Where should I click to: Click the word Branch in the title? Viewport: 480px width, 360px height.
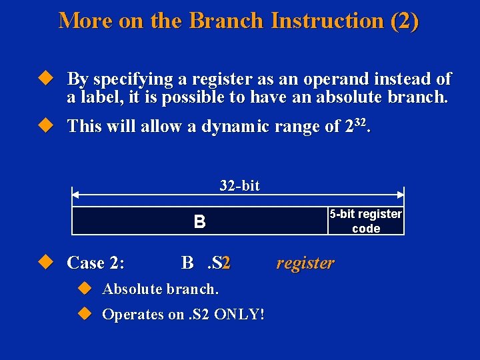click(x=227, y=21)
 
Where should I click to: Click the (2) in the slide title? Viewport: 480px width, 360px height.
click(x=405, y=21)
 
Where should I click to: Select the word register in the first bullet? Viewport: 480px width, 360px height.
click(x=217, y=79)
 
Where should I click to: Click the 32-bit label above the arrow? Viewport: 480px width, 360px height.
click(x=239, y=185)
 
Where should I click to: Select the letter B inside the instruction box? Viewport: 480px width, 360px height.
click(x=199, y=221)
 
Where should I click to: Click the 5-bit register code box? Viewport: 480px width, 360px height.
click(x=365, y=221)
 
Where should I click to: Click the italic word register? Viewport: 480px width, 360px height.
click(x=305, y=263)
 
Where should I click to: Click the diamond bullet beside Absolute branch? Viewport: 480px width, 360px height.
click(x=83, y=289)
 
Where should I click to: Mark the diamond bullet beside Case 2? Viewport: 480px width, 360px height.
click(x=45, y=262)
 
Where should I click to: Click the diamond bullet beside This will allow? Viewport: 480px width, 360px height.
click(x=45, y=125)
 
